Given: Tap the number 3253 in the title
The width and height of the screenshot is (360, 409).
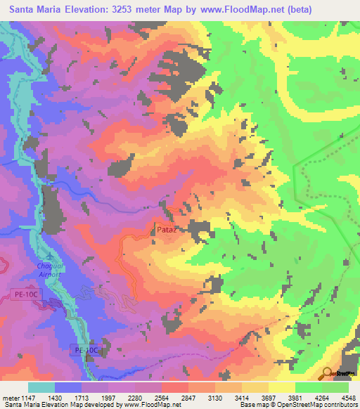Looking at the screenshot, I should point(136,9).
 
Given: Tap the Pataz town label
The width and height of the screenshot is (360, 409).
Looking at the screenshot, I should point(165,229).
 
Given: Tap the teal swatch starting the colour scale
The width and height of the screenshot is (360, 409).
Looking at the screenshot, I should point(41,387).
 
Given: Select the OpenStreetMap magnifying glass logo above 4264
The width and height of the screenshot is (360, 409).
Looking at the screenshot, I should point(328,373).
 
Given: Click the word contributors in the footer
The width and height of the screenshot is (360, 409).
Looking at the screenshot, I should point(339,405).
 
